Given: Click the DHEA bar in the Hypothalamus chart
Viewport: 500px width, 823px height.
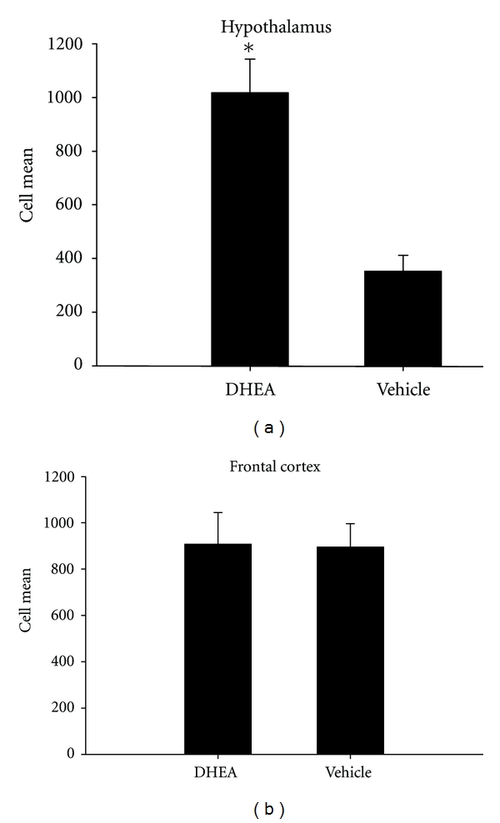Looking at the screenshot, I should (x=250, y=229).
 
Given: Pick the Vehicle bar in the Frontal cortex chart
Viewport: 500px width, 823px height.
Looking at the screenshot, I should (x=350, y=650).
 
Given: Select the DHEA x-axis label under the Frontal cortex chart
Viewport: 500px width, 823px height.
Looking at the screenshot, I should (x=217, y=771).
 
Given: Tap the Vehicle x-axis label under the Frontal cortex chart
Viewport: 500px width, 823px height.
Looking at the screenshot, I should (x=349, y=771).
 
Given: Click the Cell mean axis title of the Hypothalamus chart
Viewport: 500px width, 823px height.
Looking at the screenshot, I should (x=27, y=204).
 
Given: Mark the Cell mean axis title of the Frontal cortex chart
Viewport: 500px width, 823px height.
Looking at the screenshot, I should (x=27, y=616).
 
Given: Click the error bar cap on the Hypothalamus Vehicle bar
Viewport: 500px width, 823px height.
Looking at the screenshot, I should (x=403, y=255).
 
